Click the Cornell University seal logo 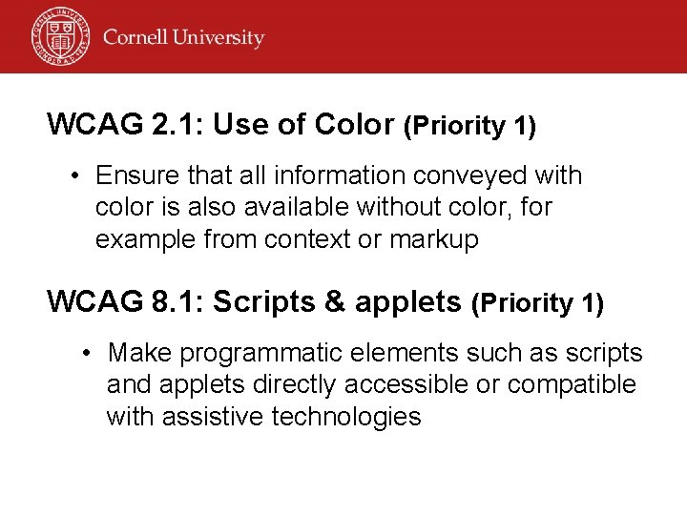pos(59,36)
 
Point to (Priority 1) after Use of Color pos(469,126)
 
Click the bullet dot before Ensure pos(73,176)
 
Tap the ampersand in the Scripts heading pos(334,301)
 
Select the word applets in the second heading pos(406,301)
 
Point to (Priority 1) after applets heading pos(537,303)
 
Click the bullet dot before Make pos(86,354)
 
